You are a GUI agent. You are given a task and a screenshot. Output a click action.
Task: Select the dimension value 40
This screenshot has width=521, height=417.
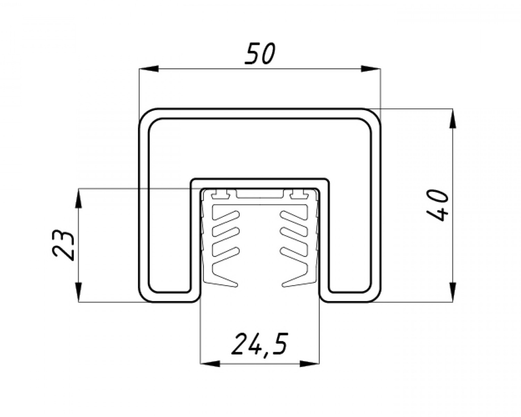pyautogui.click(x=438, y=205)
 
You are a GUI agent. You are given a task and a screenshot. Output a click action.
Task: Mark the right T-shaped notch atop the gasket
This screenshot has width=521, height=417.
pyautogui.click(x=298, y=194)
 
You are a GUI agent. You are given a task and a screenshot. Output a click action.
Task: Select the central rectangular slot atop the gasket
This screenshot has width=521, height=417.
pyautogui.click(x=260, y=194)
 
